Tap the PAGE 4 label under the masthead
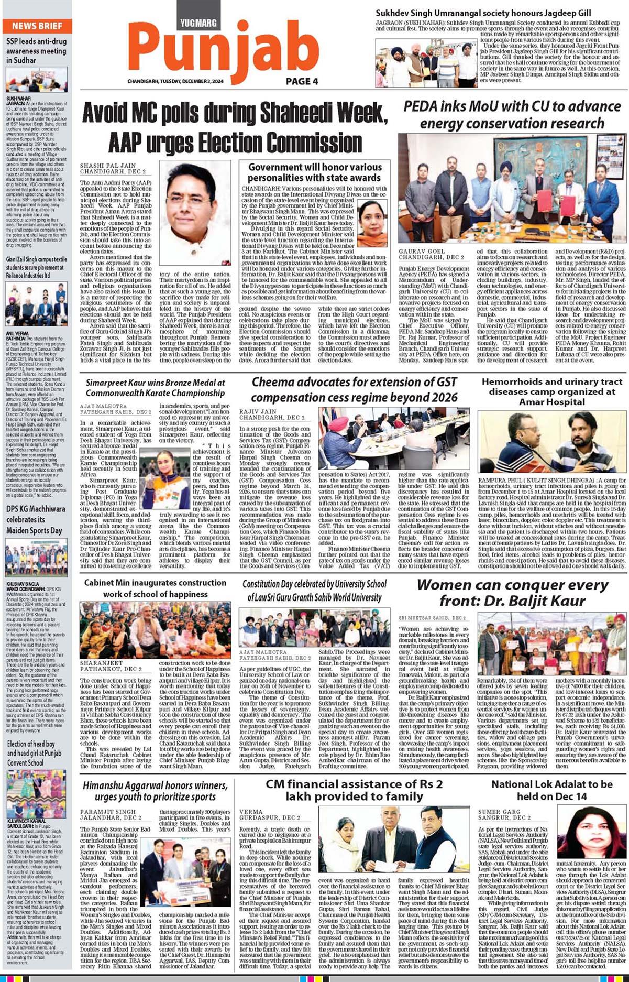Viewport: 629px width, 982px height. (302, 81)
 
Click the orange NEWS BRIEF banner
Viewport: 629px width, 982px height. (37, 26)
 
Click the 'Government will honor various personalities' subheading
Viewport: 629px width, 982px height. (314, 172)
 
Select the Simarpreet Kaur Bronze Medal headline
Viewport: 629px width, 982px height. (155, 388)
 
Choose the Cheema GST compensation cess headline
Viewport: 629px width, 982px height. (354, 389)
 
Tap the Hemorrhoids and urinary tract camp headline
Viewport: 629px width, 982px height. (552, 391)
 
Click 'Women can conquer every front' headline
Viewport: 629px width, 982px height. (512, 592)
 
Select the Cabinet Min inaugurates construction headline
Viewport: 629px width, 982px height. (155, 588)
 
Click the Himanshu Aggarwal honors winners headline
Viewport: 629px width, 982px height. (155, 791)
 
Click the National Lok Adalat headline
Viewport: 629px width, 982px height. (552, 790)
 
